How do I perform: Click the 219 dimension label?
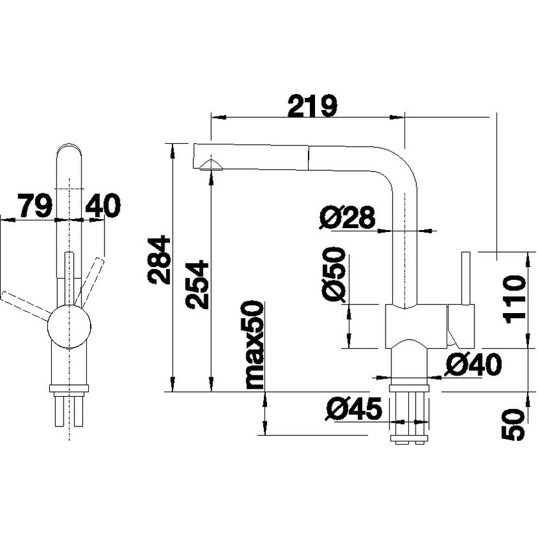pyautogui.click(x=312, y=106)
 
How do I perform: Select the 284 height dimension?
pyautogui.click(x=159, y=260)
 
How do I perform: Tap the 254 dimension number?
pyautogui.click(x=197, y=285)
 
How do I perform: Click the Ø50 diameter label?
pyautogui.click(x=334, y=275)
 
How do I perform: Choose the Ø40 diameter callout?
pyautogui.click(x=473, y=364)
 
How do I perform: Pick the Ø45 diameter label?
pyautogui.click(x=354, y=408)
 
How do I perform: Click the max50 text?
pyautogui.click(x=255, y=345)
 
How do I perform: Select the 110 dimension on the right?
pyautogui.click(x=514, y=299)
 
